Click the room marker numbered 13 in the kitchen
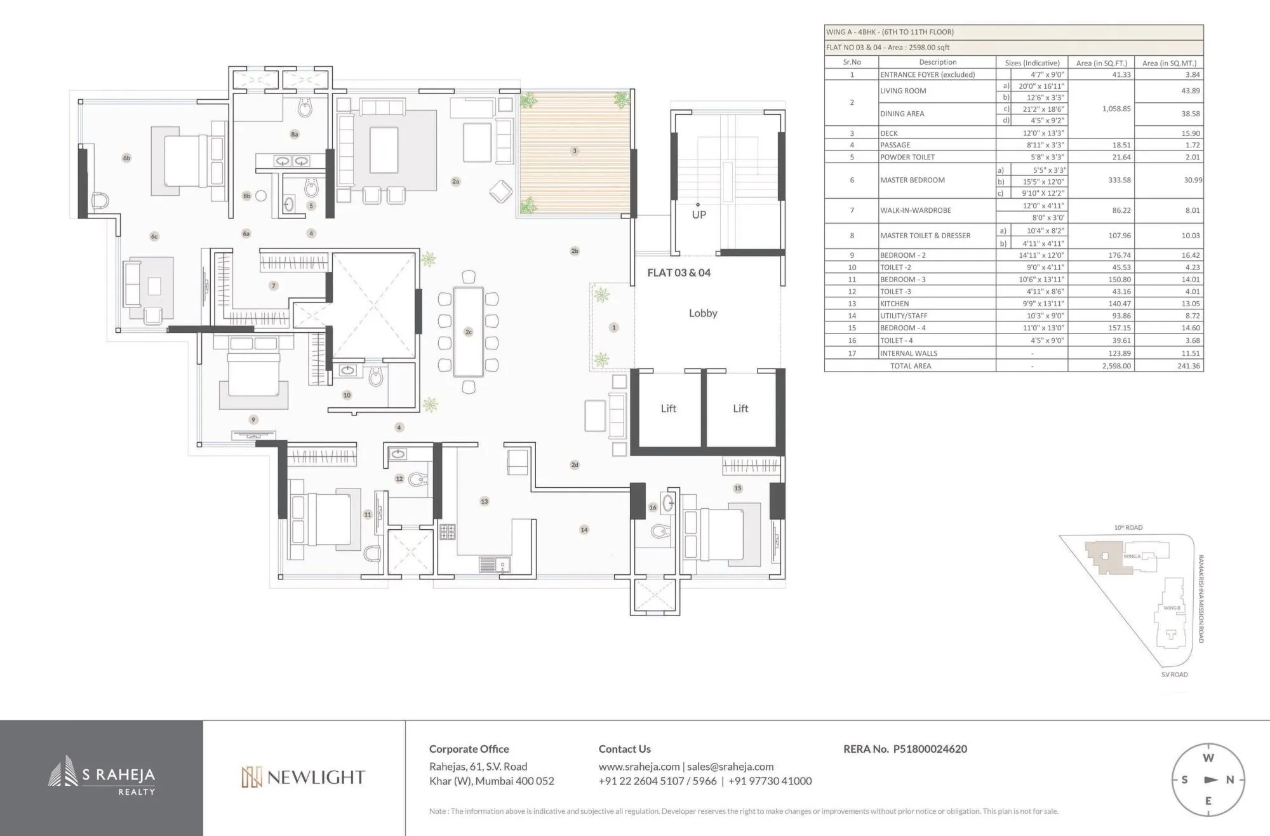[x=485, y=501]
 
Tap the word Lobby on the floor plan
[x=703, y=313]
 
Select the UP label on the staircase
[x=698, y=215]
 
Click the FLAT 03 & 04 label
[x=679, y=273]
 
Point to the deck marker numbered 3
[x=575, y=151]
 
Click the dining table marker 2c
[x=469, y=332]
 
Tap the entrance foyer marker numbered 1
[x=613, y=328]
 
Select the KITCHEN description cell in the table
[x=895, y=304]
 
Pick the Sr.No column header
[x=852, y=62]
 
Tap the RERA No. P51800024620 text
[x=905, y=749]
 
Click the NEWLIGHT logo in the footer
[x=304, y=777]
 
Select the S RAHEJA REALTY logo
[x=102, y=776]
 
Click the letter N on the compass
[x=1229, y=779]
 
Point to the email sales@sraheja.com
[x=730, y=767]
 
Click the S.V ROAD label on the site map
[x=1174, y=675]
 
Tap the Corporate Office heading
[x=469, y=749]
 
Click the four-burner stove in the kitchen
[x=447, y=532]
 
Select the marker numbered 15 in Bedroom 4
[x=737, y=489]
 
